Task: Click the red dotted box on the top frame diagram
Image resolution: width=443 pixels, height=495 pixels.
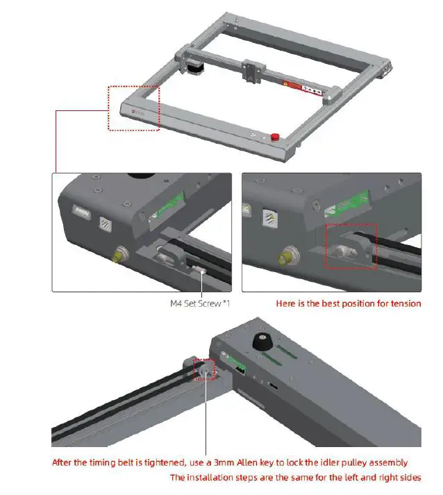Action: pyautogui.click(x=134, y=108)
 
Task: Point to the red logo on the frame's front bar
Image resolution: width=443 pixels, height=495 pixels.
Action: pyautogui.click(x=135, y=110)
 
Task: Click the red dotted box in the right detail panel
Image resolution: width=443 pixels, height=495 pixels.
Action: pyautogui.click(x=351, y=246)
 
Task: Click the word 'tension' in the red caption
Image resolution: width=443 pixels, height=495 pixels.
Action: pyautogui.click(x=405, y=303)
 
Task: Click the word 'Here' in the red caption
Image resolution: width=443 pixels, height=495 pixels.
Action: pyautogui.click(x=286, y=303)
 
